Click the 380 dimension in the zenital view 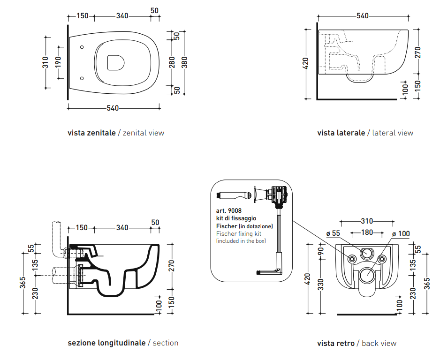tap(184, 62)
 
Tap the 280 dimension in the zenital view tap(172, 62)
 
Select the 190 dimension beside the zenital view tap(58, 62)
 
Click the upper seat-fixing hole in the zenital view tap(82, 47)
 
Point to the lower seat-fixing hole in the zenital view tap(82, 78)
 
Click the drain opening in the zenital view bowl tap(115, 62)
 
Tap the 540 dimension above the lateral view tap(363, 16)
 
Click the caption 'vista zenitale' tap(91, 133)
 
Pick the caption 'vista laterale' tap(341, 133)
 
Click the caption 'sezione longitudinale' tap(106, 343)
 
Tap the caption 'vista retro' tap(336, 343)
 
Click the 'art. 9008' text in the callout tap(229, 210)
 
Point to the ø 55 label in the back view tap(333, 233)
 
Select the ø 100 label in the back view tap(401, 233)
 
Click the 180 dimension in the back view tap(367, 232)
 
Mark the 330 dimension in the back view tap(321, 285)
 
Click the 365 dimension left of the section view tap(23, 283)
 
